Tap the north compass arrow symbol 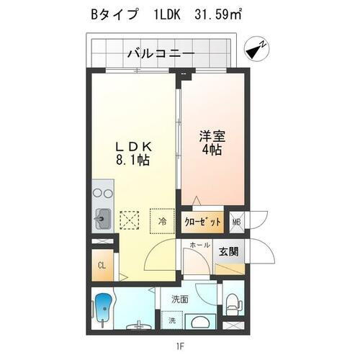pos(256,50)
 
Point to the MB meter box pos(236,222)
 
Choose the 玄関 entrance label pos(230,251)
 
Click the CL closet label pos(102,265)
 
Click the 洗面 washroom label pos(180,300)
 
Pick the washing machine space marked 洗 pos(171,320)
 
